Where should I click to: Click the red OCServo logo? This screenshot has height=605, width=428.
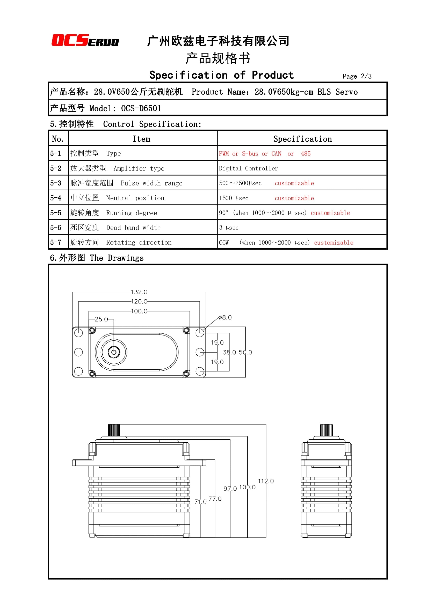point(85,41)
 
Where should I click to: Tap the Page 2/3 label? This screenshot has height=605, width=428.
point(357,76)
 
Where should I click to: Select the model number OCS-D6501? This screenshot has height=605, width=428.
point(141,108)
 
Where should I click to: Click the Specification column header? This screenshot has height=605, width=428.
point(302,139)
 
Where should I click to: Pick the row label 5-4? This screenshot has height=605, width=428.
point(56,198)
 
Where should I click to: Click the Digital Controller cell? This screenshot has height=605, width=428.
point(248,168)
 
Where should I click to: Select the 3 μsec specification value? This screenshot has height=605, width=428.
point(229,228)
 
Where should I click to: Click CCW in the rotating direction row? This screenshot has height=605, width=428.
point(224,243)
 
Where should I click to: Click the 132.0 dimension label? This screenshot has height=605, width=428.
point(139,292)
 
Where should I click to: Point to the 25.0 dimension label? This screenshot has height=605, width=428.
point(101,319)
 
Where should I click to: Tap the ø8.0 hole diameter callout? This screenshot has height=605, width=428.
point(225,318)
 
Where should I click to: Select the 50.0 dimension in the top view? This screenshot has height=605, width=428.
point(245,352)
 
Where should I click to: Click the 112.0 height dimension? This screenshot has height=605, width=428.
point(266,481)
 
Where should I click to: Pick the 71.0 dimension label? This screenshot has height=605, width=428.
point(200,502)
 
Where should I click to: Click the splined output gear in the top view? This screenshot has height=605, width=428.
point(114,352)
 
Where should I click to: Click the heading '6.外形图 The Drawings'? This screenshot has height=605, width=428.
point(97,258)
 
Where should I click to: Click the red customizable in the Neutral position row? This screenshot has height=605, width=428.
point(294,198)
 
